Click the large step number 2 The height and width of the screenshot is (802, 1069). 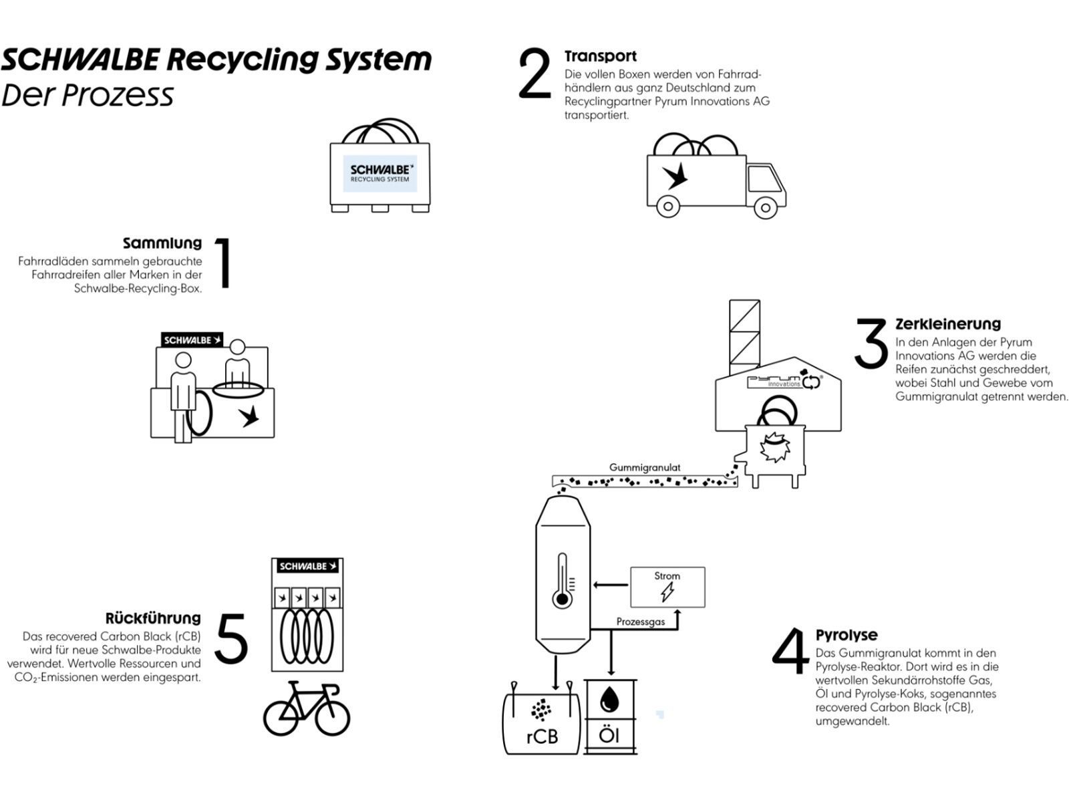pos(534,75)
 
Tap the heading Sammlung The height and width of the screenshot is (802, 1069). pos(162,243)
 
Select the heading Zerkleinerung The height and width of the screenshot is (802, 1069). pos(948,324)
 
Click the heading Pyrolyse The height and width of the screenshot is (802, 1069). pos(847,635)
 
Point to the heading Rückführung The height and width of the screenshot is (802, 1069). pos(153,618)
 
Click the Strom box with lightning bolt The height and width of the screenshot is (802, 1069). pos(667,587)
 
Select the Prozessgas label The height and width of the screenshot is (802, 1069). pos(640,622)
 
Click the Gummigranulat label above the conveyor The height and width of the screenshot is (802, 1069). pos(645,468)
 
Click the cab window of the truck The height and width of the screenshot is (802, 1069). pos(762,179)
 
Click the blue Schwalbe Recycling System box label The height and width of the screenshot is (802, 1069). pos(380,174)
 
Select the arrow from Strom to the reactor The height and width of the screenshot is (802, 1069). pos(610,586)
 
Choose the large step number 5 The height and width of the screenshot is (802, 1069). pos(232,639)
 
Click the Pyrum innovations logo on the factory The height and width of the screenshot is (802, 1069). pos(784,382)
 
